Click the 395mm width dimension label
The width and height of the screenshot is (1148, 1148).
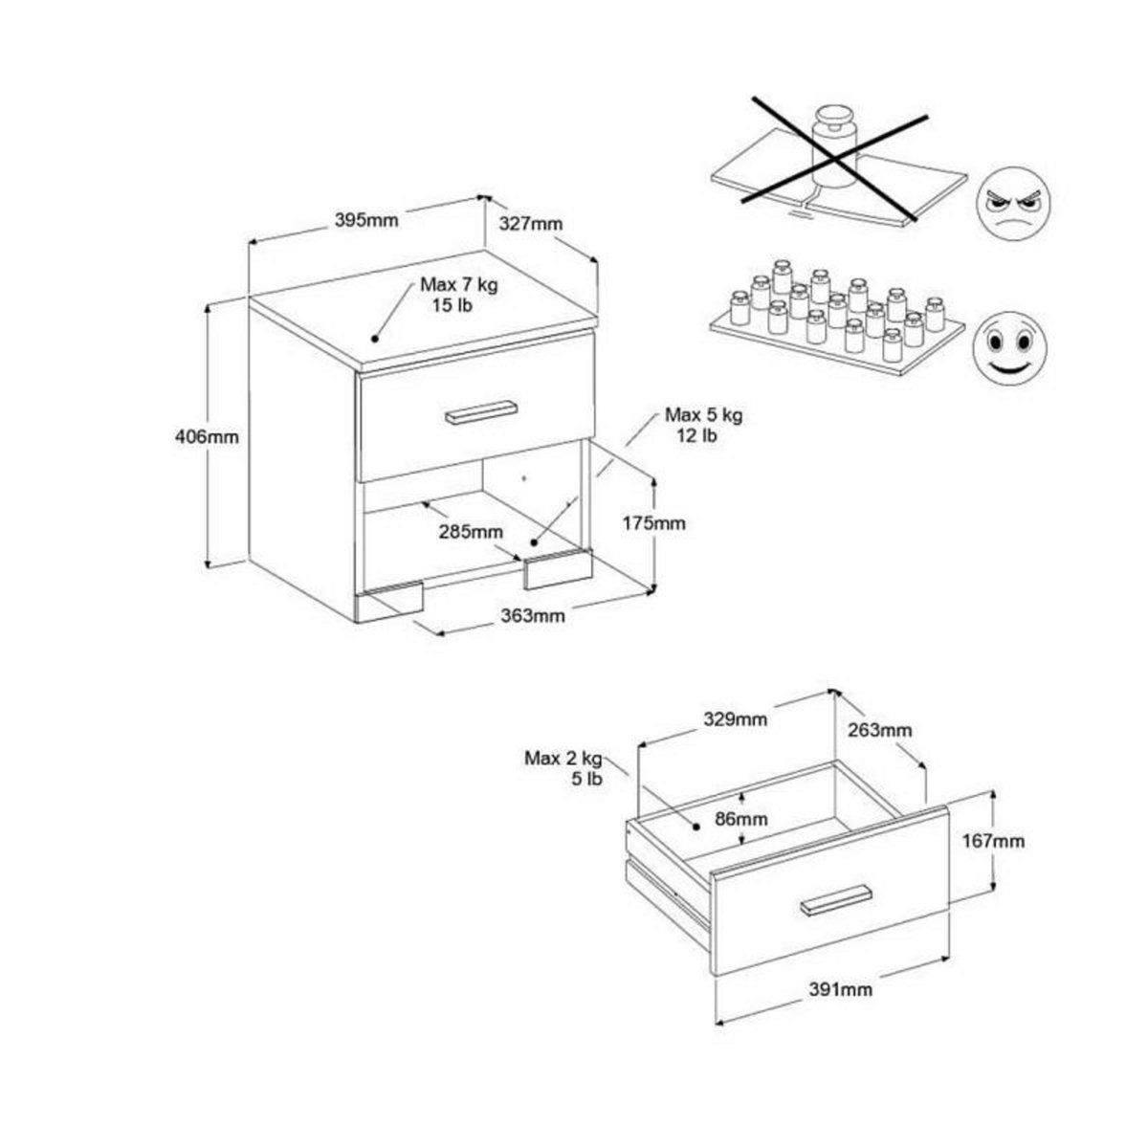click(x=365, y=220)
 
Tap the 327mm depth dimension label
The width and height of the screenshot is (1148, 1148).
click(x=530, y=224)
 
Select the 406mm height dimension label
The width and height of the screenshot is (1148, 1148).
click(x=206, y=436)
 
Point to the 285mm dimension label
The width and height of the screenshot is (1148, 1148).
click(x=471, y=531)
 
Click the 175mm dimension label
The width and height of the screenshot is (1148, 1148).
click(x=653, y=523)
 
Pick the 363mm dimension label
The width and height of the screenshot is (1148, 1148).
click(x=533, y=615)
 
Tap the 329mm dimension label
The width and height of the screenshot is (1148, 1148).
click(x=735, y=719)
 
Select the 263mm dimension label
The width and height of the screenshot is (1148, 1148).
click(x=880, y=730)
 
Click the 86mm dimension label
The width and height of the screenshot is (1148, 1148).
click(x=741, y=819)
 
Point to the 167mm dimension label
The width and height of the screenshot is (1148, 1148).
click(x=994, y=841)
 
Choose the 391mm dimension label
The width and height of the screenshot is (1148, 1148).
click(x=841, y=989)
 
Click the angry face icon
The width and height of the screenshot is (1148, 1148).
click(x=1012, y=203)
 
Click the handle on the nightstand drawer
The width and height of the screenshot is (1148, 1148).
click(x=481, y=411)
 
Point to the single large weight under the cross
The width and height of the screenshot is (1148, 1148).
click(x=833, y=147)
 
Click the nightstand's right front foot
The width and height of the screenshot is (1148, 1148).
click(x=558, y=570)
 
